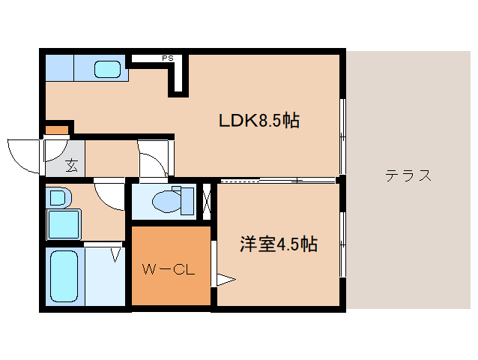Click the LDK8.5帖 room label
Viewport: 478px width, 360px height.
[259, 120]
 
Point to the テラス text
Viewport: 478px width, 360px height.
[408, 176]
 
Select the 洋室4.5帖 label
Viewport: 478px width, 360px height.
[279, 244]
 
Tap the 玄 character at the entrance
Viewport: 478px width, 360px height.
[71, 166]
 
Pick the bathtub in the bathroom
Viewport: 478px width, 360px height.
[65, 277]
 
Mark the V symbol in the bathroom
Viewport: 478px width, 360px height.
[116, 255]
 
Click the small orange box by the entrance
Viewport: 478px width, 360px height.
[56, 130]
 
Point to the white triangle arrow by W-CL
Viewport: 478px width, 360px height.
[226, 281]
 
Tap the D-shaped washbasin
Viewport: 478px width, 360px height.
[58, 199]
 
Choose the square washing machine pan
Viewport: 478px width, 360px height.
[65, 223]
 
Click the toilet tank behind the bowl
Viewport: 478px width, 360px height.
[186, 201]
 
